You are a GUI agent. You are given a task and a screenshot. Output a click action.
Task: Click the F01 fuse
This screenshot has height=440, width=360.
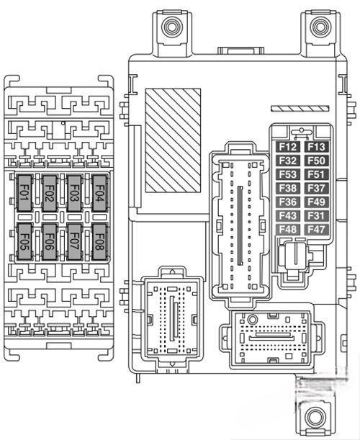pyautogui.click(x=24, y=193)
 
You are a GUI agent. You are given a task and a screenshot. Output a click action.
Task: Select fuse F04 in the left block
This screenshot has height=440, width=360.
pyautogui.click(x=99, y=193)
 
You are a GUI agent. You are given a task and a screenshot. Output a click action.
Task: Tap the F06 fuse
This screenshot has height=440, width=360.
pyautogui.click(x=50, y=242)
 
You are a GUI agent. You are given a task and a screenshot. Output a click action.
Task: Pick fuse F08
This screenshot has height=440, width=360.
pyautogui.click(x=99, y=242)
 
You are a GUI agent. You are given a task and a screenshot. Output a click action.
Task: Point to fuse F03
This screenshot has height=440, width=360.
pyautogui.click(x=75, y=193)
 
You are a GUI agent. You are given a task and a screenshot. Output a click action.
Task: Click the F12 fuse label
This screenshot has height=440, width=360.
pyautogui.click(x=288, y=147)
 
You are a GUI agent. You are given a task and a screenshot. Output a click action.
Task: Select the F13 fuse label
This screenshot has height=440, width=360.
pyautogui.click(x=316, y=147)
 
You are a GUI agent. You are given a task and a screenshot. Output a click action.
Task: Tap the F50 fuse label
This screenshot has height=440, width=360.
pyautogui.click(x=316, y=161)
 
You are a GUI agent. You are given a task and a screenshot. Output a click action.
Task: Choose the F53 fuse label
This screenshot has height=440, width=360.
pyautogui.click(x=288, y=174)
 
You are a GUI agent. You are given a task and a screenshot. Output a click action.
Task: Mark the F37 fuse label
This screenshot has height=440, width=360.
pyautogui.click(x=316, y=188)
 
